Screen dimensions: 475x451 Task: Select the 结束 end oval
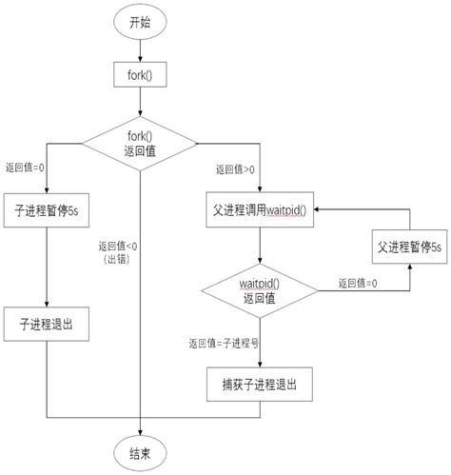[140, 451]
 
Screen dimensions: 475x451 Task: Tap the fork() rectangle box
[140, 73]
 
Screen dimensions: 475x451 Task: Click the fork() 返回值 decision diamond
[140, 144]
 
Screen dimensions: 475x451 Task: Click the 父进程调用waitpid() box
[260, 207]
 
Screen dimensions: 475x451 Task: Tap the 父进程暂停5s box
[408, 247]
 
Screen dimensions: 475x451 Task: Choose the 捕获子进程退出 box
[260, 386]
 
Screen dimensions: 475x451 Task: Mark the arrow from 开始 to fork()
[140, 49]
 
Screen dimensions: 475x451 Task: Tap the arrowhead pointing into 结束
[140, 430]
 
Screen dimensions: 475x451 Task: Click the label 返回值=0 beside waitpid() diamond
[359, 284]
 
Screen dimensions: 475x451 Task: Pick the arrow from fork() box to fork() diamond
[140, 102]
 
